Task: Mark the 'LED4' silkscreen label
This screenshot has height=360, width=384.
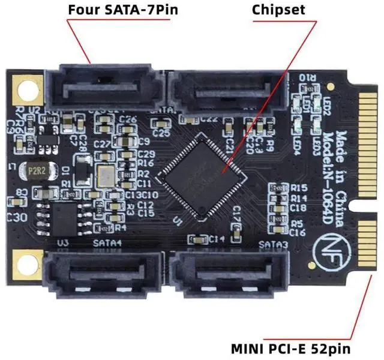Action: [x=295, y=144]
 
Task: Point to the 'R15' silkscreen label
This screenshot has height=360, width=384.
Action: [x=298, y=187]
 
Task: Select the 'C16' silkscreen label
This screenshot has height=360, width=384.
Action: [x=299, y=231]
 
